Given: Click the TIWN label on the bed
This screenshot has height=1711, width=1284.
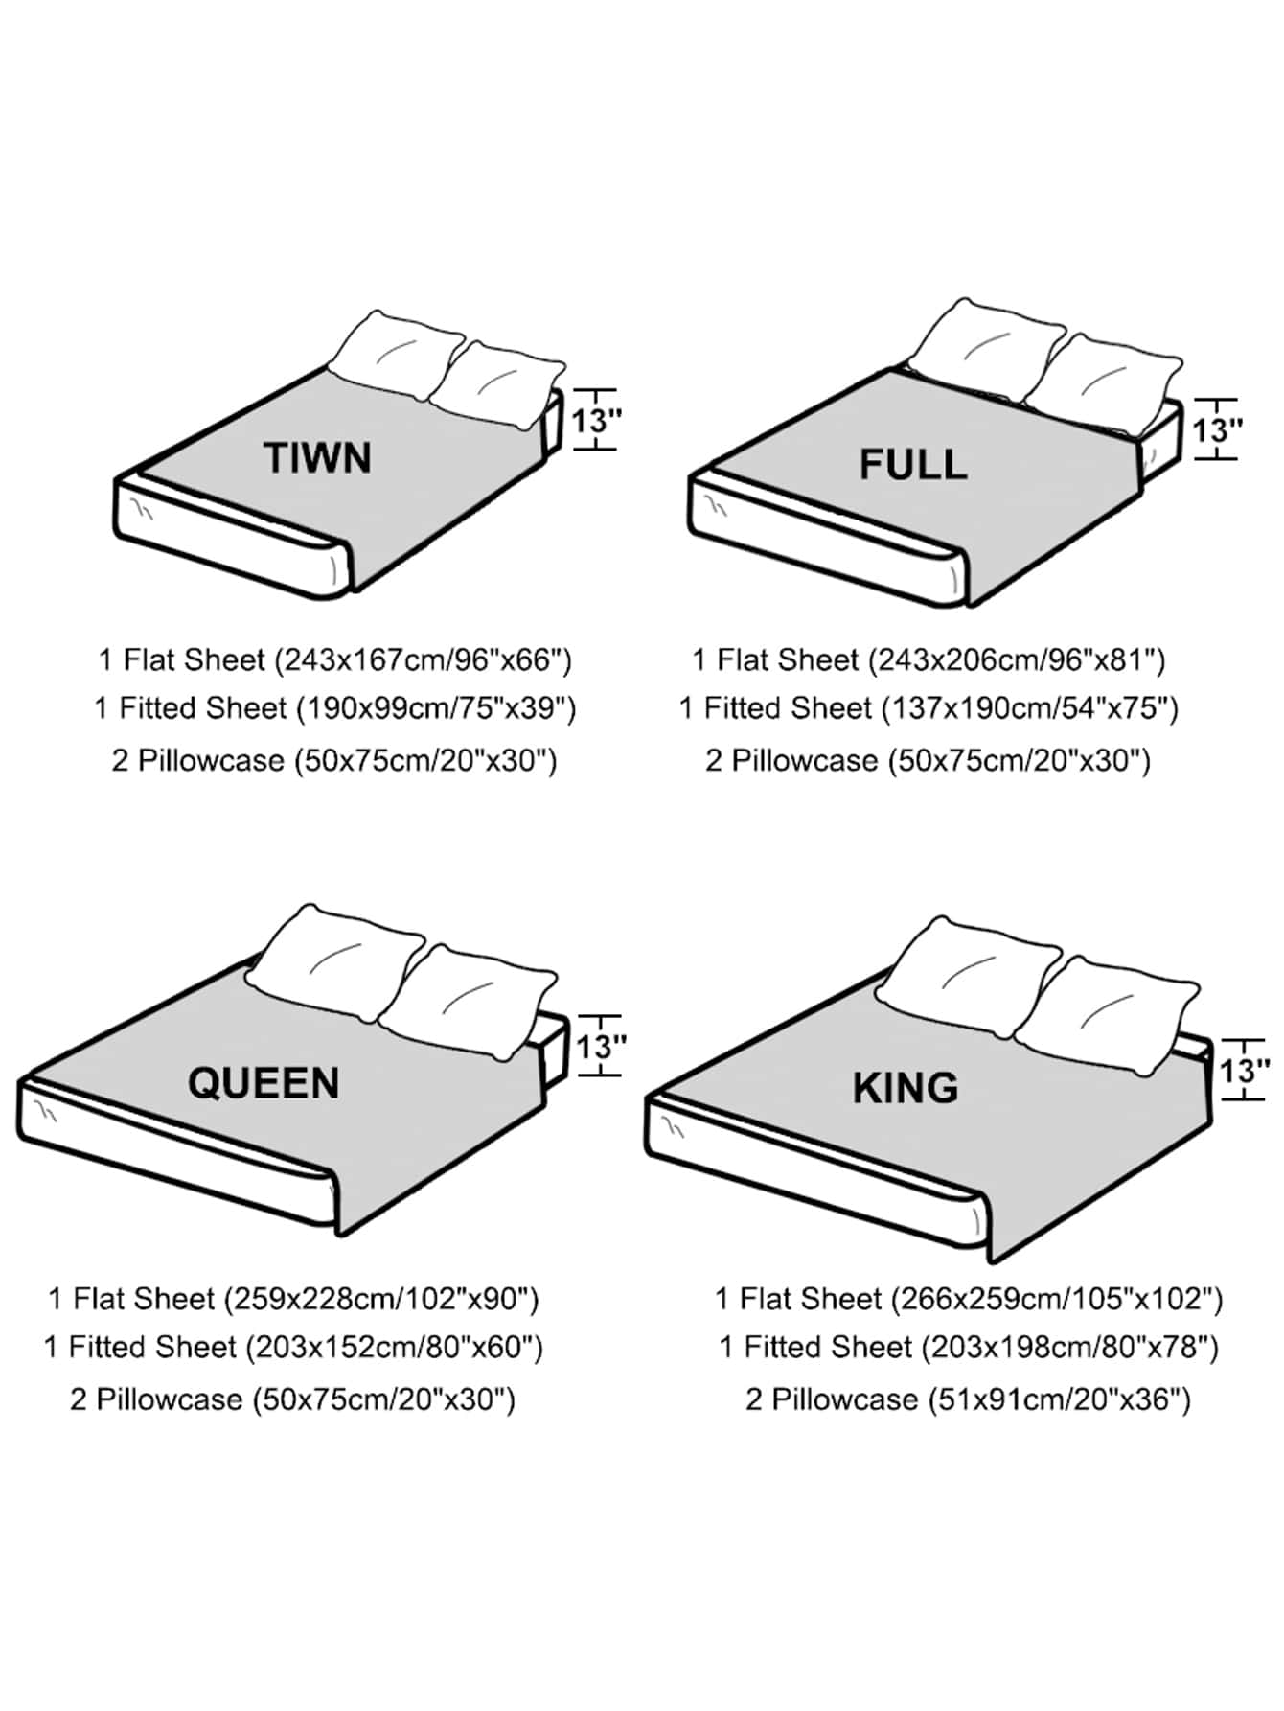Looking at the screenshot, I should pos(317,458).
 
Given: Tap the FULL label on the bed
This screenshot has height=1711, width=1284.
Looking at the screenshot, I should pos(912,465).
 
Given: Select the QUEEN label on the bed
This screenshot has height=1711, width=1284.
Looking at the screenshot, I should pos(264,1083).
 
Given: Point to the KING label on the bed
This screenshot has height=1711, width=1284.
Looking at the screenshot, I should pos(906,1089).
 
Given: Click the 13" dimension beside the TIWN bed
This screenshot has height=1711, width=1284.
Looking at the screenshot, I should pos(596,421).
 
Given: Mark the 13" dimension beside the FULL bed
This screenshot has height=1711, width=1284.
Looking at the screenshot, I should pos(1217,430).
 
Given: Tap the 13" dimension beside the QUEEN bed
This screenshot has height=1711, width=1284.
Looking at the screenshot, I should pos(601,1046).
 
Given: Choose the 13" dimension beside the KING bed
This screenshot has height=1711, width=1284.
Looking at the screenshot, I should pos(1244,1070).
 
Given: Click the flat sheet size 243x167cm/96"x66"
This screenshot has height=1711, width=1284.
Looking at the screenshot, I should pos(423,660).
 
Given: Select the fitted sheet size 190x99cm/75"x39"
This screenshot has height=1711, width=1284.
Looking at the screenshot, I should pos(436,708).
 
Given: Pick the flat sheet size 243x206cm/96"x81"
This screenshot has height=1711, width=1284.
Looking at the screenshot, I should pos(1017,660).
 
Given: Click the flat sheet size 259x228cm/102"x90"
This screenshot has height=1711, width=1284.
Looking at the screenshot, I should pos(381,1299).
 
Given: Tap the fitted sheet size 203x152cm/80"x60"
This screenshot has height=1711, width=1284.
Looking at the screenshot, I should pos(395,1348).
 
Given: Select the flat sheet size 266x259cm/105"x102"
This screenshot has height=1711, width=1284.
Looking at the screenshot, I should pos(1057,1299).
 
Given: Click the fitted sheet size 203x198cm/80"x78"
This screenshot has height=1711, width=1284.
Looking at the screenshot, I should pos(1069,1348).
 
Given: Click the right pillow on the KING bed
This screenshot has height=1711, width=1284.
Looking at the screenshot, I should pos(1107,1011).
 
